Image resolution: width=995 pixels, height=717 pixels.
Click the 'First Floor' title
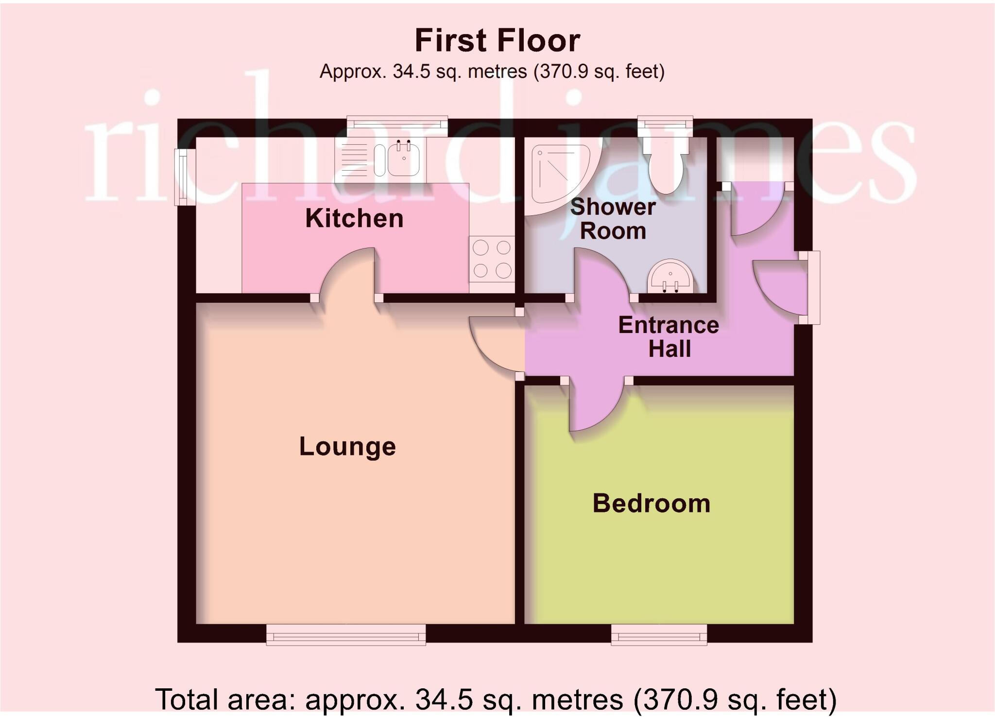coord(497,41)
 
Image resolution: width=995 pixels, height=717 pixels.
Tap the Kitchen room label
coord(354,218)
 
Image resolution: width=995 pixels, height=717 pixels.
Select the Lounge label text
coord(347,446)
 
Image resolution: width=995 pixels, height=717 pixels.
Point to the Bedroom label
coord(651,503)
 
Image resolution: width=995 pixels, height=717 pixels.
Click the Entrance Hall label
coord(669,337)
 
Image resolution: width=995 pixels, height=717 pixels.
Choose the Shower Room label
coord(613,219)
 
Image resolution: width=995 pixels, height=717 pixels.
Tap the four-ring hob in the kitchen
coord(492,259)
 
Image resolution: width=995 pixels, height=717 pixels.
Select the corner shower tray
coord(556,175)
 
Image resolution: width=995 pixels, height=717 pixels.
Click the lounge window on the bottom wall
coord(346,635)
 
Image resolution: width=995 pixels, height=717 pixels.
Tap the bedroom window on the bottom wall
coord(659,635)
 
